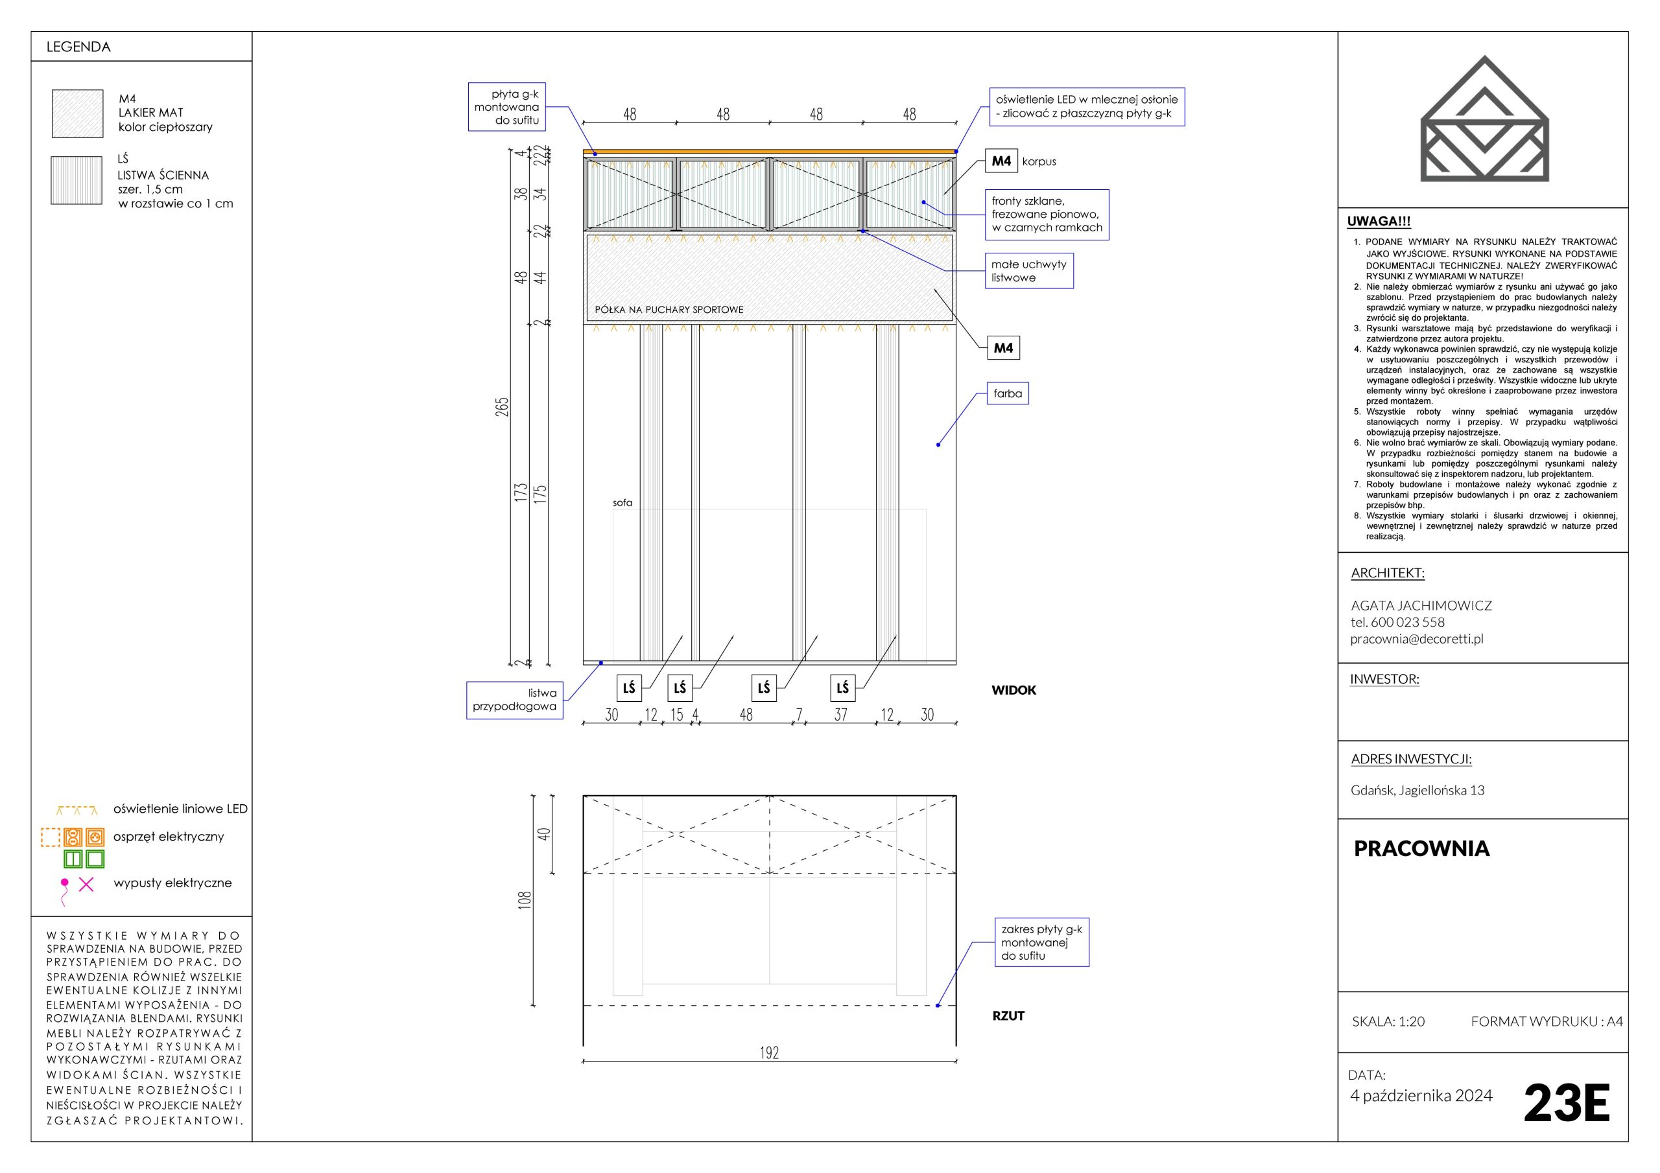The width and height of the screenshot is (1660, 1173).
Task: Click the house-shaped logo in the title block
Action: pyautogui.click(x=1485, y=119)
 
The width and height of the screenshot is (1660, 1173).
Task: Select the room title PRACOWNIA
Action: pyautogui.click(x=1421, y=848)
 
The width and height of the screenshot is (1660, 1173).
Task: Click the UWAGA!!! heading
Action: pyautogui.click(x=1379, y=222)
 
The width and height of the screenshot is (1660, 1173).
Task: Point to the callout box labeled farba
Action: pyautogui.click(x=1008, y=394)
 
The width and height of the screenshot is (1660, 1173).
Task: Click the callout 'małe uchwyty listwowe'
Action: pyautogui.click(x=1029, y=271)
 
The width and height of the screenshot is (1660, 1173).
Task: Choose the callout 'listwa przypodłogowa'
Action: pyautogui.click(x=514, y=700)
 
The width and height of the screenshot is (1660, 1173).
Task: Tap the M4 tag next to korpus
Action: pyautogui.click(x=1001, y=161)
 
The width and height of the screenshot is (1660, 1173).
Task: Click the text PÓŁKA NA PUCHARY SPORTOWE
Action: pyautogui.click(x=669, y=310)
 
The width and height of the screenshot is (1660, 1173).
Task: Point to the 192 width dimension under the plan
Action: pyautogui.click(x=769, y=1053)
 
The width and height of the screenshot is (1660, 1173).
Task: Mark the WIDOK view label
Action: pyautogui.click(x=1014, y=690)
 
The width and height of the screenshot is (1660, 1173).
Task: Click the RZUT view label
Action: pyautogui.click(x=1008, y=1016)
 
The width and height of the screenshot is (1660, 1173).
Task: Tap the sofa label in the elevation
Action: pyautogui.click(x=622, y=503)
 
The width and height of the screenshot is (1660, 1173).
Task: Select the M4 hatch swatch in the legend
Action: pyautogui.click(x=77, y=113)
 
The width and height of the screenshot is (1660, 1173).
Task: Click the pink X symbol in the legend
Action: pyautogui.click(x=86, y=884)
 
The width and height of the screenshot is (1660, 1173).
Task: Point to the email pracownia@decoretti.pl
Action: pyautogui.click(x=1416, y=638)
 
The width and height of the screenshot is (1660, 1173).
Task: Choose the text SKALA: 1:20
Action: pyautogui.click(x=1388, y=1021)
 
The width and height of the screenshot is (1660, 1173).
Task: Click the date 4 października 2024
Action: pyautogui.click(x=1421, y=1096)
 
